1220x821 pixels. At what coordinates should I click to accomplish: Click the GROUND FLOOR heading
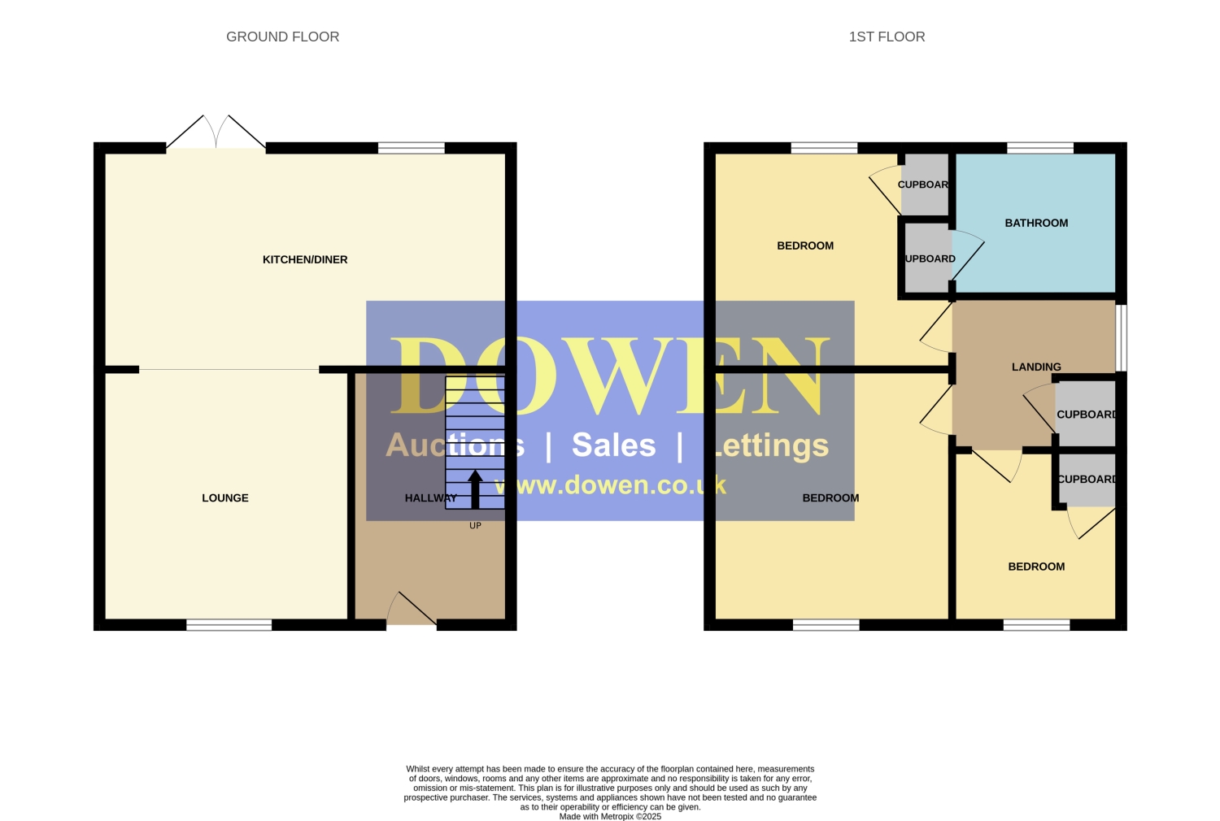283,37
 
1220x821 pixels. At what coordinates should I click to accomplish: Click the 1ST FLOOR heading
887,37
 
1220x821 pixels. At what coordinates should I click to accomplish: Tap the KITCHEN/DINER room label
305,259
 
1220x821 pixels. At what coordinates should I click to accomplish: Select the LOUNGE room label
225,497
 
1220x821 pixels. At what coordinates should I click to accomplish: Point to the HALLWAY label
431,497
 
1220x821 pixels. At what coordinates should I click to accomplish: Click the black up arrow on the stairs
475,489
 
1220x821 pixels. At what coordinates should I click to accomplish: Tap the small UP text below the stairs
476,525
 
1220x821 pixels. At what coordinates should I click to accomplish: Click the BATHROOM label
1036,223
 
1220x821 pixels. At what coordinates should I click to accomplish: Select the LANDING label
1036,367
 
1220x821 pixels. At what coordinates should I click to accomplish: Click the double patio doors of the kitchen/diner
216,132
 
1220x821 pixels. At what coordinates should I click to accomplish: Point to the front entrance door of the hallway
412,609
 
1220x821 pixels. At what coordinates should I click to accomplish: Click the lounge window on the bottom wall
229,625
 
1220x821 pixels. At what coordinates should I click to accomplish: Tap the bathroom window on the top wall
1040,148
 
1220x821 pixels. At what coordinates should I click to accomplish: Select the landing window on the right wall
1121,337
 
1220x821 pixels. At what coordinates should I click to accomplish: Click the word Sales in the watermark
614,445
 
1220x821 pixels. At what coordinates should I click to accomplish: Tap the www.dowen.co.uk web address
610,484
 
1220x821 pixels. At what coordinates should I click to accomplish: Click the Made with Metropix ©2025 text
610,817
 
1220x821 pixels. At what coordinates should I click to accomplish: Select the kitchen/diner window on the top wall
412,148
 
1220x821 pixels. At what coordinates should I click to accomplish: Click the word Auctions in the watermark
455,445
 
